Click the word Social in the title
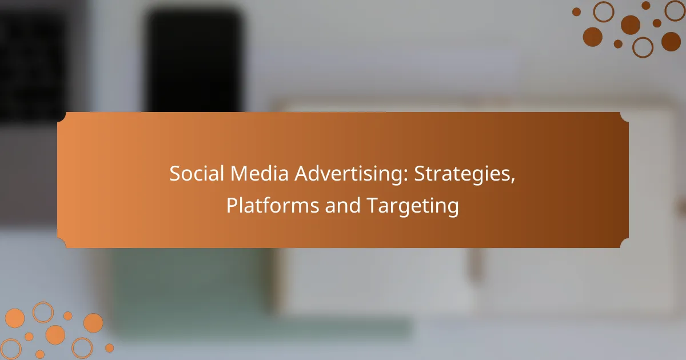tap(197, 173)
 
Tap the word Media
tap(260, 173)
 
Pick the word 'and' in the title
tap(342, 205)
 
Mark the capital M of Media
tap(239, 174)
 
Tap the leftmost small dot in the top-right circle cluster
tap(576, 12)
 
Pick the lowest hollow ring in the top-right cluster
tap(643, 47)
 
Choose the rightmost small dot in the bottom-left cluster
tap(109, 348)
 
